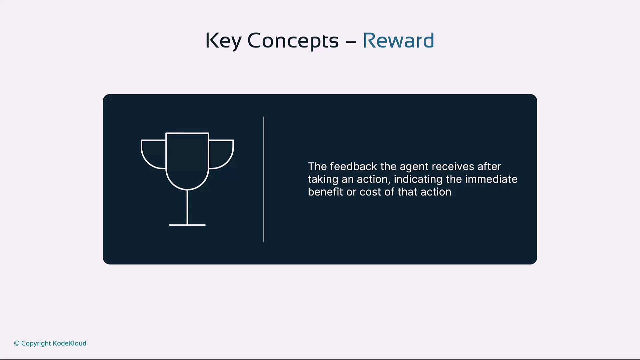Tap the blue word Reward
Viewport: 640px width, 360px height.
click(398, 40)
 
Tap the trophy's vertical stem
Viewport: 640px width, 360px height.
click(187, 207)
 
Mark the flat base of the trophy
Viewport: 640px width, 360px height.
click(187, 225)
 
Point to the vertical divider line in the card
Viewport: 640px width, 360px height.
click(264, 179)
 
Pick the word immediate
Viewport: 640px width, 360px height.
click(491, 179)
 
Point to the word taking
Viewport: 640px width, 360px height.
click(323, 180)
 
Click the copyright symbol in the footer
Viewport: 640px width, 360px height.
click(17, 343)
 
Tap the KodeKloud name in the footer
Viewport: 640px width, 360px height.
click(69, 343)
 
